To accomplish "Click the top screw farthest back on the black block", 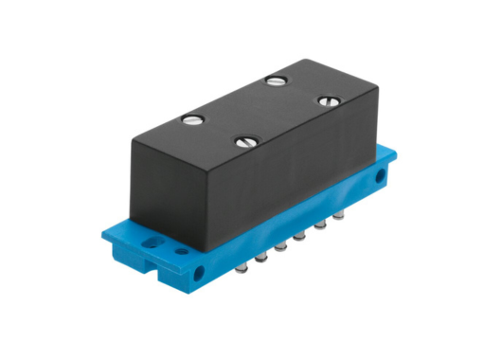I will [276, 81].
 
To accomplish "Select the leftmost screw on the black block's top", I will [192, 119].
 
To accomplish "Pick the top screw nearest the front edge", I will [245, 143].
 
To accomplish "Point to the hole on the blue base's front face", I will [200, 275].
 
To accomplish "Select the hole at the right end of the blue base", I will [381, 176].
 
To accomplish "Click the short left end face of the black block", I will [156, 185].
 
